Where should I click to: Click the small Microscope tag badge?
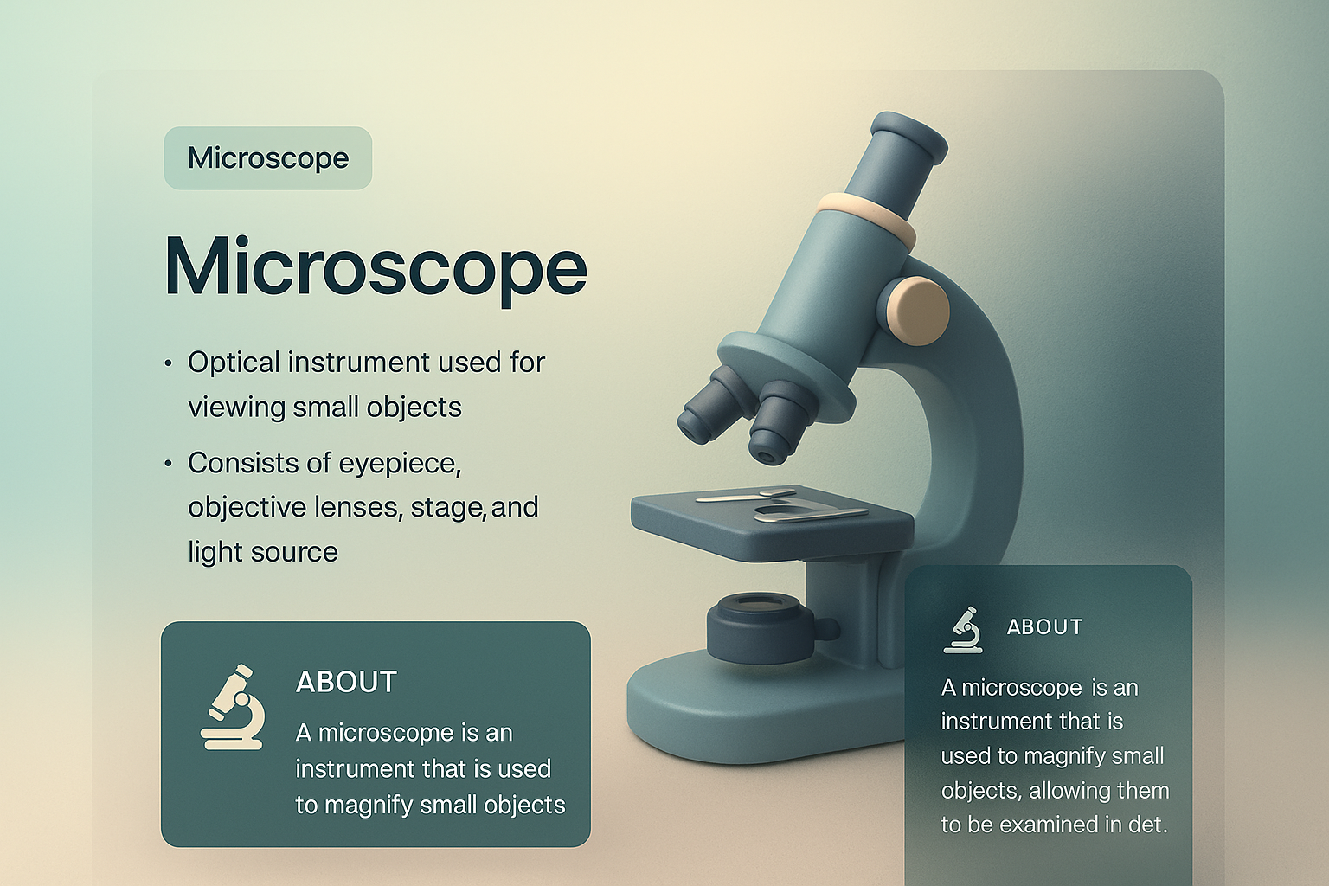pos(268,157)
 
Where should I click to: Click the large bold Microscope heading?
pos(376,267)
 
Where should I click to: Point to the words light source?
pos(263,552)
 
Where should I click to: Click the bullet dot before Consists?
pos(169,463)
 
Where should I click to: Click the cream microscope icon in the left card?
pos(232,707)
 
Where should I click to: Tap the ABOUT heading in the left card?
pos(346,683)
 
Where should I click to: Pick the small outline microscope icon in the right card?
pos(962,630)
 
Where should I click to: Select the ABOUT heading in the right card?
pos(1045,626)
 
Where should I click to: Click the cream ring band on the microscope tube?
pos(865,218)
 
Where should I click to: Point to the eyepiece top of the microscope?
pos(908,137)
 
